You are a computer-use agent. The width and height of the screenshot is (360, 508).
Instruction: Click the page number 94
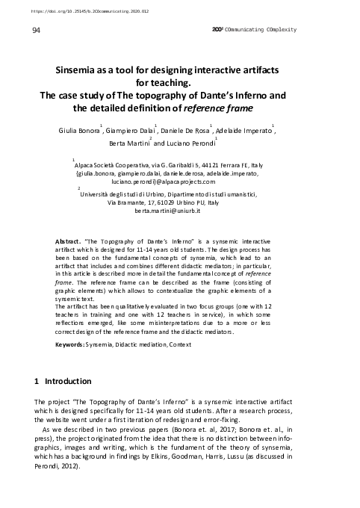(37, 30)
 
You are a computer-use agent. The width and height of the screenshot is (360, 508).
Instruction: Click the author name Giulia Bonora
(79, 131)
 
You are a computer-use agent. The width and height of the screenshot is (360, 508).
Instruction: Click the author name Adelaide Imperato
(243, 131)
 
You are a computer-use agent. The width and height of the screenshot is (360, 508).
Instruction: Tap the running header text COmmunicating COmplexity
(258, 30)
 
